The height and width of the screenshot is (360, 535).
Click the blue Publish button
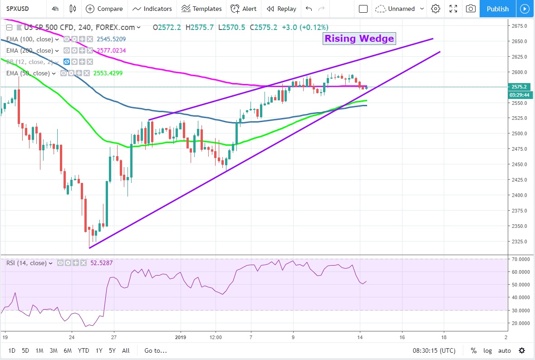click(497, 9)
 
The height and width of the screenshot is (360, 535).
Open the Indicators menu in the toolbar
click(152, 9)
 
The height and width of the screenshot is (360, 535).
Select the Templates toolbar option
click(201, 9)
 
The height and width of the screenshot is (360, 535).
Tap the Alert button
click(244, 9)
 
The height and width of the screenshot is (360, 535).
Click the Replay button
click(281, 9)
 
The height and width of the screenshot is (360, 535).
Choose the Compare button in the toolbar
click(104, 9)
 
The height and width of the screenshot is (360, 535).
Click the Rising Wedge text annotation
click(359, 39)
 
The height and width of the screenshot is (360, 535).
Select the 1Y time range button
click(99, 350)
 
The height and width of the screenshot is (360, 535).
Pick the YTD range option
click(83, 350)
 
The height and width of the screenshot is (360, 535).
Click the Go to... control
click(156, 350)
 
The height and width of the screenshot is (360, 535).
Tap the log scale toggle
click(487, 350)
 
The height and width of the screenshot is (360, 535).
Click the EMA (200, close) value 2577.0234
click(111, 50)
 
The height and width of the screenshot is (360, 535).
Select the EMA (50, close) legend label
click(28, 73)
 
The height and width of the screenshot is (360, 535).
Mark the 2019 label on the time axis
click(181, 337)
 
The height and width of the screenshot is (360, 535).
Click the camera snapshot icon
click(471, 9)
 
